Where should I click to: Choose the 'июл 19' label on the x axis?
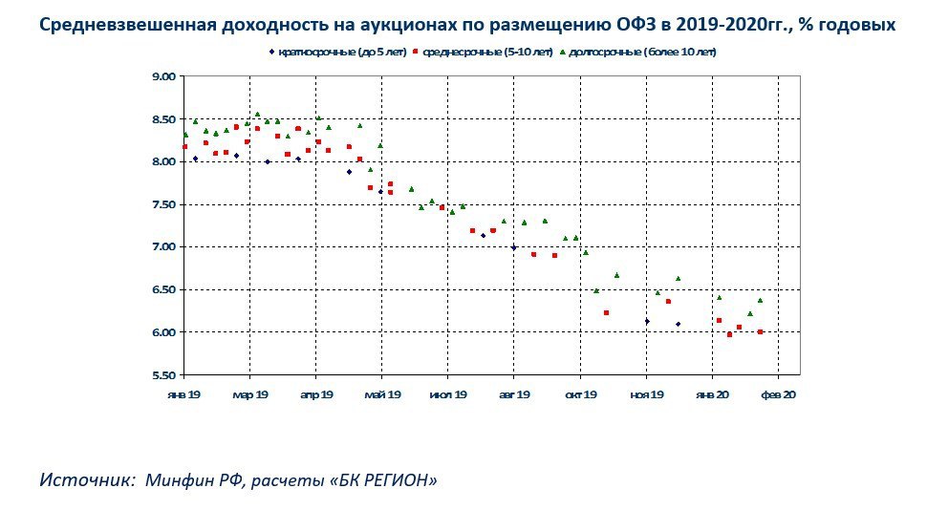point(448,393)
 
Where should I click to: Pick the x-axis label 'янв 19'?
point(183,393)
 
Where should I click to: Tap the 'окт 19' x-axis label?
point(580,393)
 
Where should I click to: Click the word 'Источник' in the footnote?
point(85,479)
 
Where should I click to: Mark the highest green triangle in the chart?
point(257,114)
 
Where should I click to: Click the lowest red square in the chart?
point(729,334)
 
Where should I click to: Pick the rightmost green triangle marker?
point(760,300)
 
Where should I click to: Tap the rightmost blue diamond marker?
point(678,325)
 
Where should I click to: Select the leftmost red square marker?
point(184,147)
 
